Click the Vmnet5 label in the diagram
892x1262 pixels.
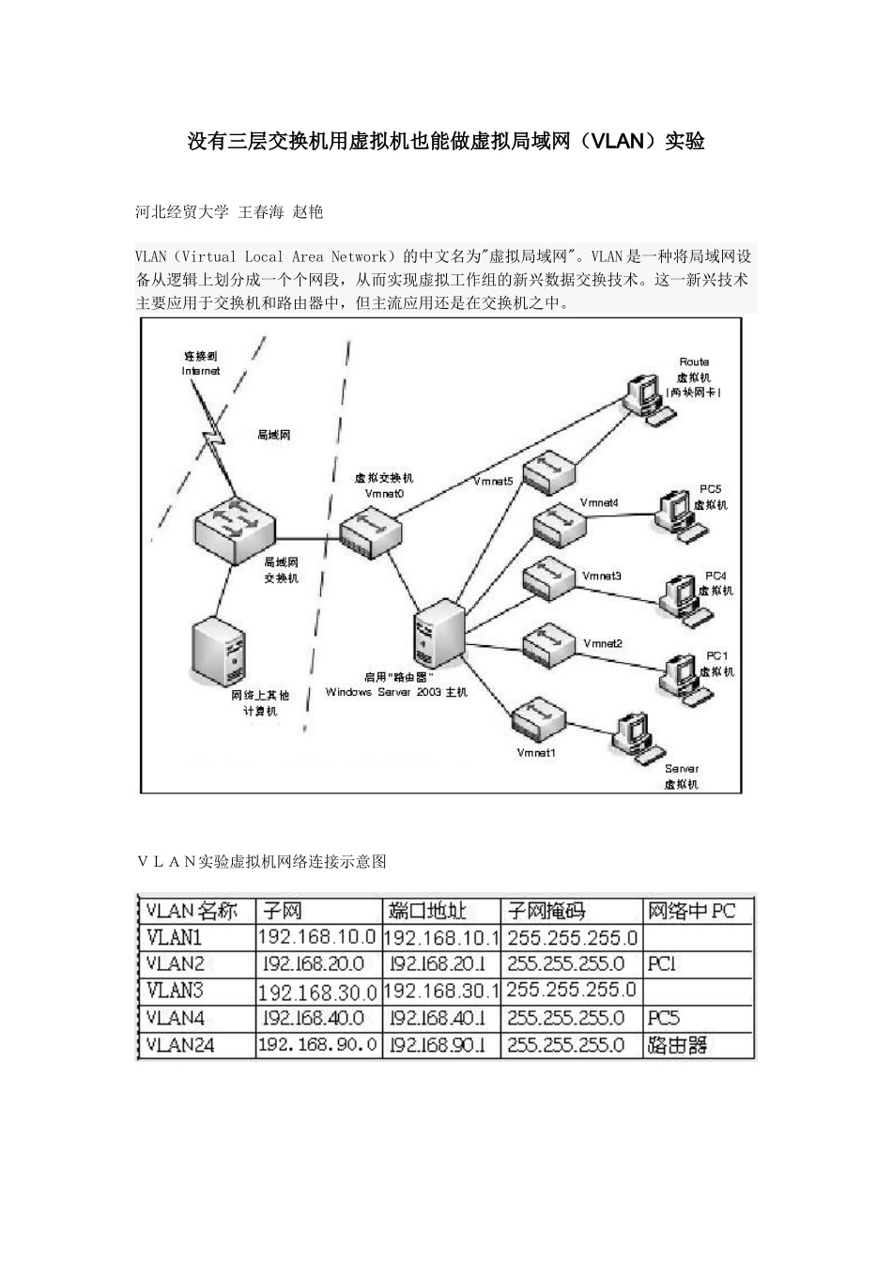pyautogui.click(x=494, y=482)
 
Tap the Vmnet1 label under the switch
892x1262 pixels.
pyautogui.click(x=536, y=752)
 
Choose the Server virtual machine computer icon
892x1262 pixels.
pyautogui.click(x=634, y=734)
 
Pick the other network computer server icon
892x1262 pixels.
pyautogui.click(x=219, y=651)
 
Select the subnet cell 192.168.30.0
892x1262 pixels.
pyautogui.click(x=317, y=992)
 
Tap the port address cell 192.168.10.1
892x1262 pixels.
pyautogui.click(x=441, y=937)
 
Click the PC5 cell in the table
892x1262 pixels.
pyautogui.click(x=664, y=1018)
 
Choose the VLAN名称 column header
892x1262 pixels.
pyautogui.click(x=193, y=910)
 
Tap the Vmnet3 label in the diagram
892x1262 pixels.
pyautogui.click(x=602, y=576)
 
